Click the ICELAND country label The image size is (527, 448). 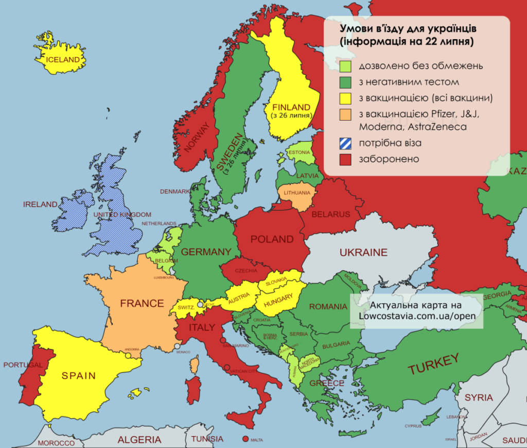63,59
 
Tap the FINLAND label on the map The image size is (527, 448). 291,107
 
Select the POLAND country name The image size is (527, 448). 272,239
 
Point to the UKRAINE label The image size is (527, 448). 363,253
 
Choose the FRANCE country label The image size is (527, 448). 142,303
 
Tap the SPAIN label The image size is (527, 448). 79,375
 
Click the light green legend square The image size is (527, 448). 345,66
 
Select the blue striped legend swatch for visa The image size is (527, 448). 345,144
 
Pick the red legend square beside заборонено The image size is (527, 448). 345,160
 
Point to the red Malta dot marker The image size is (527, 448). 244,440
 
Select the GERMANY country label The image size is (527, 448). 206,252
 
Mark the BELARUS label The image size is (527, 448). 330,214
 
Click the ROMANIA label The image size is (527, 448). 328,307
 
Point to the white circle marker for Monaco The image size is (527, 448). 177,346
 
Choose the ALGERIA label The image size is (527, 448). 139,440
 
